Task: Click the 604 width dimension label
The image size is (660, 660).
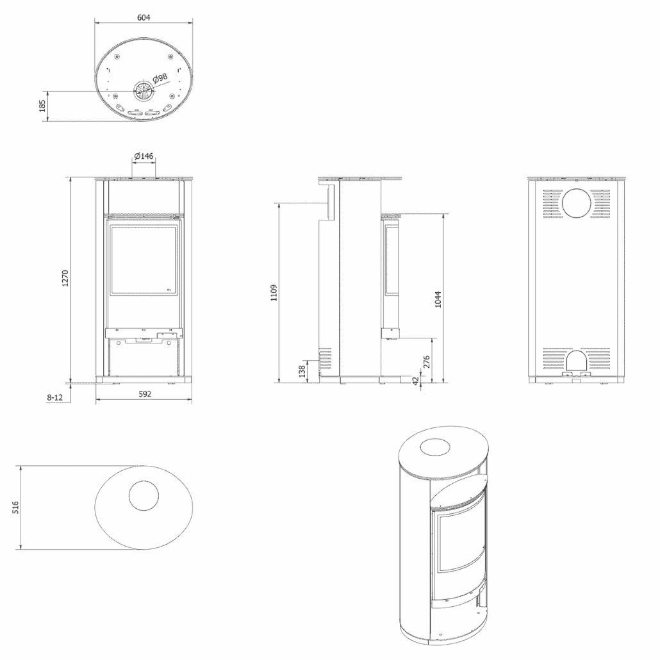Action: [144, 18]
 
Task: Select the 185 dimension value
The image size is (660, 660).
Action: [43, 106]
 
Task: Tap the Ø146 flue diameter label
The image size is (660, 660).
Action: [144, 156]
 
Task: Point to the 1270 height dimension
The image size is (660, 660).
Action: [64, 278]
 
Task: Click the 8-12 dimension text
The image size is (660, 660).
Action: [54, 397]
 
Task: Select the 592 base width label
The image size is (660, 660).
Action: [144, 394]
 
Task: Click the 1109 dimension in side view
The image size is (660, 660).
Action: [274, 293]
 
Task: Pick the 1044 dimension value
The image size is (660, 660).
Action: [438, 299]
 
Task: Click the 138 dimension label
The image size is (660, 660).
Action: [302, 371]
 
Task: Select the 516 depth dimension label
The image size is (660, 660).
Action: [16, 507]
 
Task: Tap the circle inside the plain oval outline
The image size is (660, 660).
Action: [144, 496]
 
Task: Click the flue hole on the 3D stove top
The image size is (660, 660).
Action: [440, 447]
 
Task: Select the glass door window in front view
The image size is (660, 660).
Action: [144, 260]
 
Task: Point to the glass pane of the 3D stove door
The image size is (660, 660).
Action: [461, 541]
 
